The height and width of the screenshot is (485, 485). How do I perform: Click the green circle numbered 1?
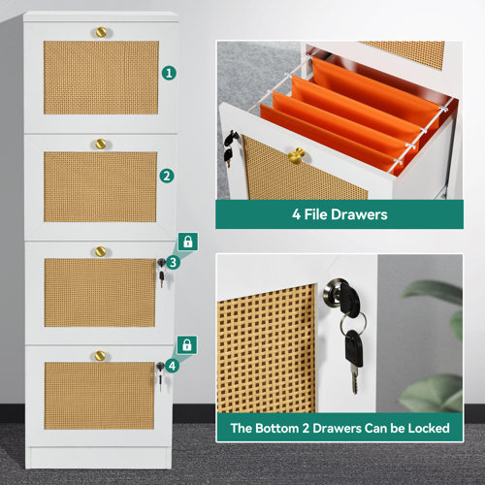click(x=169, y=72)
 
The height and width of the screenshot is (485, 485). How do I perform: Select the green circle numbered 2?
click(x=168, y=176)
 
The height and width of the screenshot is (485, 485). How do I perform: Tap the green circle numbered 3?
click(x=173, y=262)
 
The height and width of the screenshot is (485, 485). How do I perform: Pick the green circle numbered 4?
click(x=173, y=366)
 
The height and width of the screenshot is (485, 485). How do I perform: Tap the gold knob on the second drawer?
click(x=98, y=144)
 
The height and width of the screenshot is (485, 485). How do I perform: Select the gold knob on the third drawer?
click(x=98, y=251)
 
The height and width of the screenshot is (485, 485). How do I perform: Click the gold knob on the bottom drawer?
click(x=98, y=355)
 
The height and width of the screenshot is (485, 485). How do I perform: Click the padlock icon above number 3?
click(x=186, y=242)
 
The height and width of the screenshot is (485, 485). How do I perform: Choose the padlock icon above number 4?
click(x=186, y=344)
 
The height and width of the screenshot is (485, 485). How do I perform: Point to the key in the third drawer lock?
click(x=160, y=277)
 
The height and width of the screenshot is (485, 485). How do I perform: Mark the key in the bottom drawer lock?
click(x=159, y=379)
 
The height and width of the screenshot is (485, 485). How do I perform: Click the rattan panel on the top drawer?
click(x=100, y=78)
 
